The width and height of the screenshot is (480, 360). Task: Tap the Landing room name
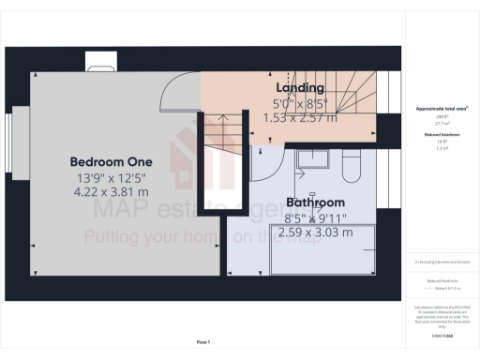301,88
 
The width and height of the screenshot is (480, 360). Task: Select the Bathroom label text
316,202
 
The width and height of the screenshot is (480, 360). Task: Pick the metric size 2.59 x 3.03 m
315,232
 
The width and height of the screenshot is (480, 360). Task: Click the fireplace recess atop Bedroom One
99,63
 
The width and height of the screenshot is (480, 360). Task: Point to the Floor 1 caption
202,342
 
